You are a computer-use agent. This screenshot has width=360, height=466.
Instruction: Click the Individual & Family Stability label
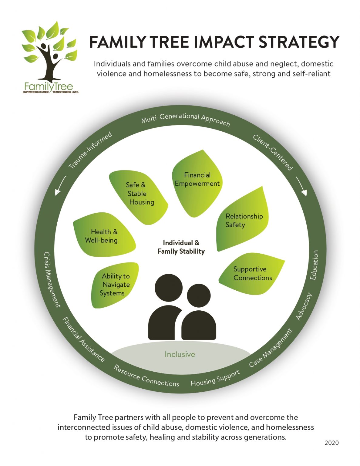[181, 247]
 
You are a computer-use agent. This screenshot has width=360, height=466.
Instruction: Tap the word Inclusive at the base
[180, 354]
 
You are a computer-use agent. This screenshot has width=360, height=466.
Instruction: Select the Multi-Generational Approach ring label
[186, 119]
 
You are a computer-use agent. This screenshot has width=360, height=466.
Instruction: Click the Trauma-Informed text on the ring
[90, 150]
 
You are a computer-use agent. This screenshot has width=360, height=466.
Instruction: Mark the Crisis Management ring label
[52, 279]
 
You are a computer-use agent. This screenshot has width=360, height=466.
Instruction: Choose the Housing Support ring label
[215, 378]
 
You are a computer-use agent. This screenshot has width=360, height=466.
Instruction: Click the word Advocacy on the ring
[304, 306]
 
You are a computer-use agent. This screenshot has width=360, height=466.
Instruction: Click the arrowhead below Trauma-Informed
[57, 192]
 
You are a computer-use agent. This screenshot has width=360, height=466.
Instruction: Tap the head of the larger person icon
[169, 288]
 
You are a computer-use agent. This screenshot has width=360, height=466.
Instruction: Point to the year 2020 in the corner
[331, 443]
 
